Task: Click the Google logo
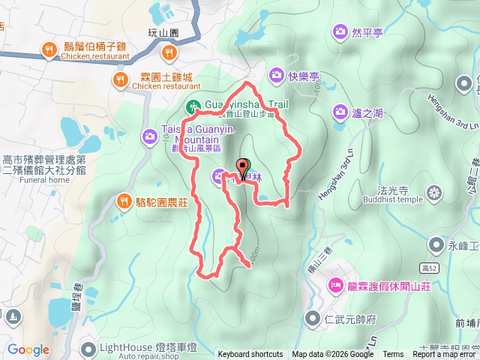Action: point(28,349)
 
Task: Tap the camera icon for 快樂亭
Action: point(275,75)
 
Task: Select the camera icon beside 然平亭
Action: point(340,32)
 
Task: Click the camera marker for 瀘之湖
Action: point(340,112)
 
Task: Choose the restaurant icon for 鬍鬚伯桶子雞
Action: point(48,50)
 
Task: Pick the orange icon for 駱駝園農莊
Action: point(124,200)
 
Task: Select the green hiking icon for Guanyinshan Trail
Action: point(193,106)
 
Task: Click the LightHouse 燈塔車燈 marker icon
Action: point(89,349)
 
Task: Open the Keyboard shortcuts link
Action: point(250,355)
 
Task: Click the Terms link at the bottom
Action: point(393,355)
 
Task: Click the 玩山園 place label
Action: point(163,34)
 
